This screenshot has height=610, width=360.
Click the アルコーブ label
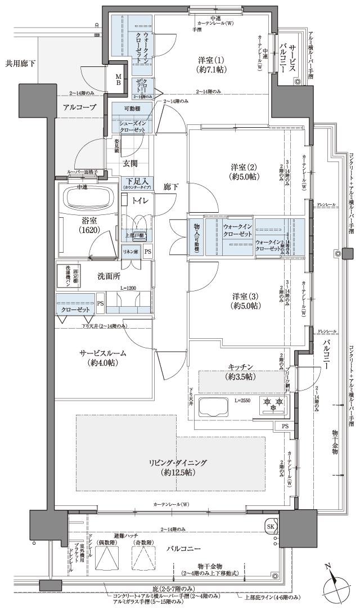pyautogui.click(x=79, y=107)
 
